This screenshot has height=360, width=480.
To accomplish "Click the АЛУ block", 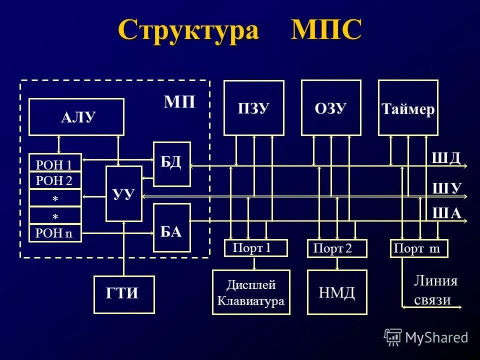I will point(76,117).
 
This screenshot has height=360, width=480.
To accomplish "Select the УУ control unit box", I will point(123,193).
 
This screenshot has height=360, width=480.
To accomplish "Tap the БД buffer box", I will point(171,164).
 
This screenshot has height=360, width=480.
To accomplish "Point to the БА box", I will point(171,227).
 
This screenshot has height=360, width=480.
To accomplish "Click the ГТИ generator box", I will point(124,294).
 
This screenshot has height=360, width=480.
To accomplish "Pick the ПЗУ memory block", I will point(253,108).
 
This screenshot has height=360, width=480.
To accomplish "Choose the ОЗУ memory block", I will point(330,108).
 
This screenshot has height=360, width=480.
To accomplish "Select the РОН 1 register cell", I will point(55,163).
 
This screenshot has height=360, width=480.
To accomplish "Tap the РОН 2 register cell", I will point(55,180).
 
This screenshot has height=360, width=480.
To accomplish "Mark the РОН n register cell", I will point(55,233).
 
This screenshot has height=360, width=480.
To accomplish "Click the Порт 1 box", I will point(256,248).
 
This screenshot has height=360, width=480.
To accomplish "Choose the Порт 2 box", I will point(336,248).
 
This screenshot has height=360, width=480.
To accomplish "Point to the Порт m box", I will point(418,248).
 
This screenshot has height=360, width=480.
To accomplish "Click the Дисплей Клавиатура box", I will point(251,292).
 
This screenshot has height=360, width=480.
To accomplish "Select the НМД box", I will point(337,292).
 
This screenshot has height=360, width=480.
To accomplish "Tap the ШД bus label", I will point(445,158).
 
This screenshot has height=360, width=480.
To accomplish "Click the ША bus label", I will point(446,213).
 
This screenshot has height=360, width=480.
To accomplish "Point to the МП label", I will point(179,102).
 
